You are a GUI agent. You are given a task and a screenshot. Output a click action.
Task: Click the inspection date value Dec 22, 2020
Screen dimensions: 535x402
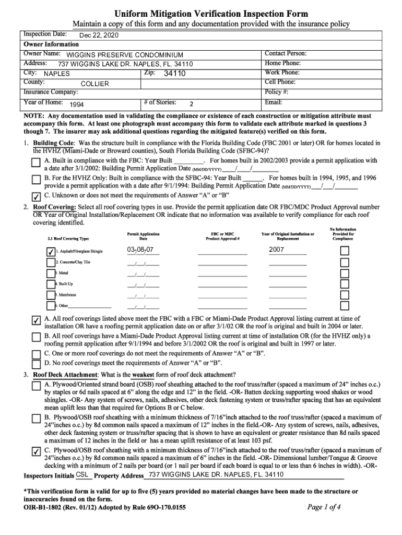(x=99, y=36)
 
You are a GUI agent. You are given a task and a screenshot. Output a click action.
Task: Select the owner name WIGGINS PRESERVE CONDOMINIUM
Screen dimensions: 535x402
(x=125, y=55)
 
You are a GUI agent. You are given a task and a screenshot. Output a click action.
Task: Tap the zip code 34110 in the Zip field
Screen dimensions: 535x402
(x=174, y=74)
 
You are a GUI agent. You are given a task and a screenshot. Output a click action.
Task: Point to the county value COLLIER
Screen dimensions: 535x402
(x=94, y=84)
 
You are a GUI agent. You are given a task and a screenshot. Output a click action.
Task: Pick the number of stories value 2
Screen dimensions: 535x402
(x=192, y=103)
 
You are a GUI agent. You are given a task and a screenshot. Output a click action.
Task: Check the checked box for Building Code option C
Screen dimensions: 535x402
(x=36, y=197)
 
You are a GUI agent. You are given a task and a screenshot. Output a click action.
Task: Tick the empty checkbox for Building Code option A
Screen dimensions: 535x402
(x=36, y=164)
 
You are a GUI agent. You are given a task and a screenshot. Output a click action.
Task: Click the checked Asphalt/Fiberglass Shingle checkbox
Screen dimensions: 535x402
(x=50, y=251)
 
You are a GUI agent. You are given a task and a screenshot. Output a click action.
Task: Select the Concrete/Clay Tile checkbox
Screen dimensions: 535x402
(x=50, y=262)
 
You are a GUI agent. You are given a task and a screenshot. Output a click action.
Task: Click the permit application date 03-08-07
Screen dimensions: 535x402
(x=139, y=250)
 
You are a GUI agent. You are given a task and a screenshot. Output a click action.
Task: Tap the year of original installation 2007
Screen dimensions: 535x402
(x=276, y=250)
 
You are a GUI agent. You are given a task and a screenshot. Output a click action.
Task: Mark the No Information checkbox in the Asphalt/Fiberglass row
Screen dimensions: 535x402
(x=345, y=251)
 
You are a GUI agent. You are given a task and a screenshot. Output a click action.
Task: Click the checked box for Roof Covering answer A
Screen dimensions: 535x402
(x=36, y=320)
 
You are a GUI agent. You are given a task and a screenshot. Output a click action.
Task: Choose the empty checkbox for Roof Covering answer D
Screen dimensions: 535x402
(x=36, y=364)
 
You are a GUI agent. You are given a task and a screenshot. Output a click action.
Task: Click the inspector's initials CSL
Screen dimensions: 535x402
(x=82, y=474)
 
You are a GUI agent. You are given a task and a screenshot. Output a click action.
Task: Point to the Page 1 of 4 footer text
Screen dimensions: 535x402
(x=324, y=507)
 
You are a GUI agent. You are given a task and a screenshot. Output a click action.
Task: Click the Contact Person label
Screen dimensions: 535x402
(x=286, y=54)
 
